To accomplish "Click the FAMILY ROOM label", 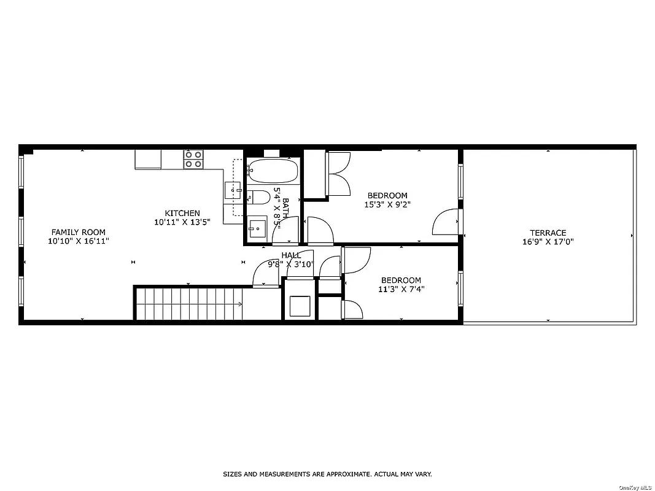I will tap(78, 232).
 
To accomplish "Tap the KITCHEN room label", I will tap(182, 213).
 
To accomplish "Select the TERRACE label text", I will tap(548, 233).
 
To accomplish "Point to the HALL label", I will tap(291, 255).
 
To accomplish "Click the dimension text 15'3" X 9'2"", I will tap(387, 205).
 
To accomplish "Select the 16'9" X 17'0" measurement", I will tap(548, 242).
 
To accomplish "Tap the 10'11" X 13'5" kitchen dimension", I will tap(182, 222).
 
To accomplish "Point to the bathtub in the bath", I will tap(273, 171).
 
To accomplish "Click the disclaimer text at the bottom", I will tap(327, 474).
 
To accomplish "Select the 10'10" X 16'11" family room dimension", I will tap(78, 241).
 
